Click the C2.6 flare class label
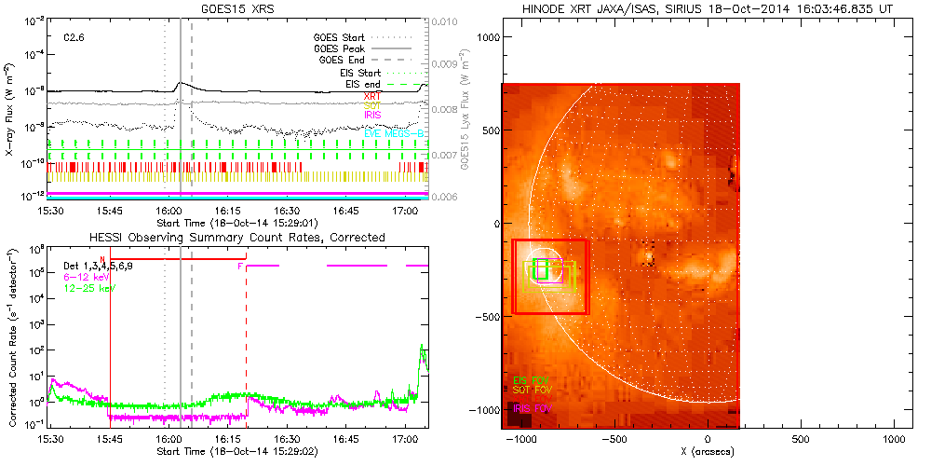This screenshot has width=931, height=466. [x=74, y=37]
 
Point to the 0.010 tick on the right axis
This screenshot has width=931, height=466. [x=450, y=21]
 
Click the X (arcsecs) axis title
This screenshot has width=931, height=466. [x=708, y=452]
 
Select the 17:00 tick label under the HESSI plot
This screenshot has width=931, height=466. [x=406, y=437]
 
